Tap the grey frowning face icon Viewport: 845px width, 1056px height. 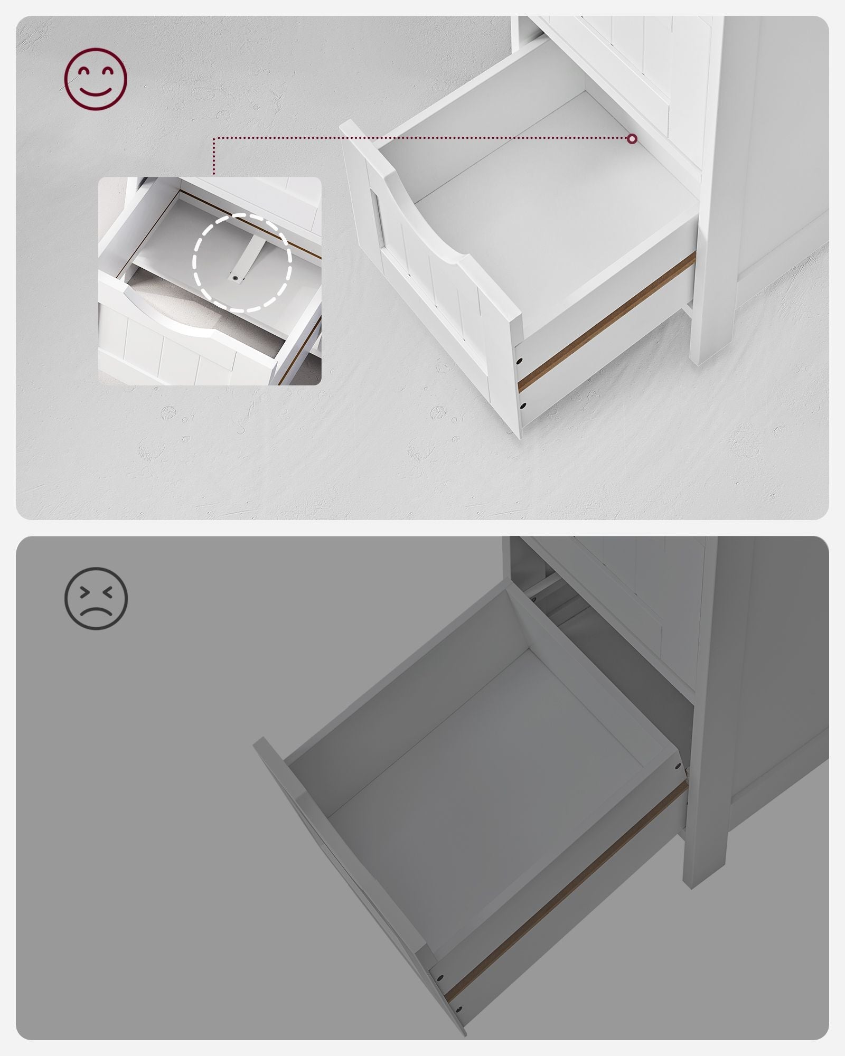[x=96, y=598]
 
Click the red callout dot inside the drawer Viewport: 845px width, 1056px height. [x=632, y=139]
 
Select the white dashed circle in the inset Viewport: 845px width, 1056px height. [x=242, y=262]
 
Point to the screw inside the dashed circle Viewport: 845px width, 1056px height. [x=234, y=276]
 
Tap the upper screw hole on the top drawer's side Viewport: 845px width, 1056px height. [x=520, y=361]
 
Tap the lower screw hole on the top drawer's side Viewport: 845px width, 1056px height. [x=523, y=406]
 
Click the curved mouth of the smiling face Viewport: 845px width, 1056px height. [x=96, y=93]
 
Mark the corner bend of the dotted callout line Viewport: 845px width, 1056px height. [x=213, y=139]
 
